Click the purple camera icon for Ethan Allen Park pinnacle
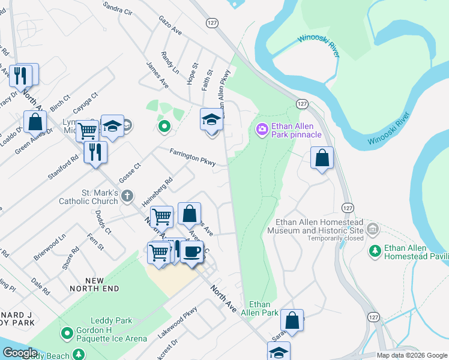(262, 128)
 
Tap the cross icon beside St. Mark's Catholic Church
(127, 195)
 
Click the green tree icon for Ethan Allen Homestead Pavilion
(375, 250)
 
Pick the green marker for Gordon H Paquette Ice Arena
(67, 332)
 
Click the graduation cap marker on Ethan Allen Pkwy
(211, 120)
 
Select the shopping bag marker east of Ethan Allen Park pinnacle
(322, 158)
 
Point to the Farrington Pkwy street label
(192, 158)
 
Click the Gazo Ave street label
(170, 25)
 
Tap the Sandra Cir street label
(117, 7)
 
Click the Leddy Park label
(111, 320)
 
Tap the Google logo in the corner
(19, 353)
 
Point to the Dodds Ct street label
(103, 222)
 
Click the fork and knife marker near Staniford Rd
(95, 152)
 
